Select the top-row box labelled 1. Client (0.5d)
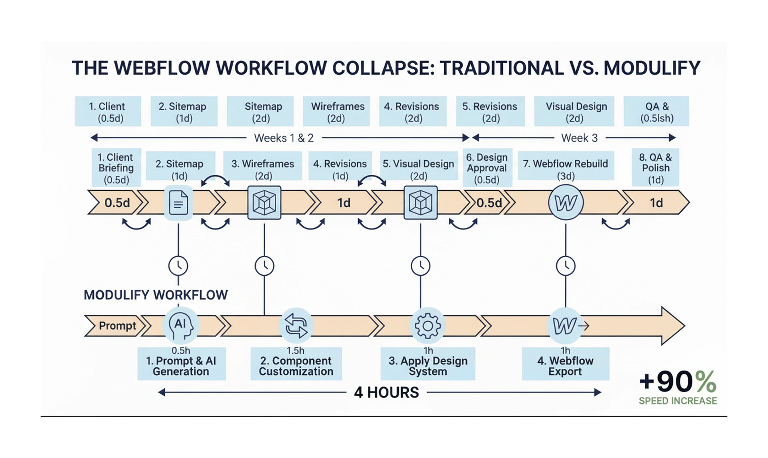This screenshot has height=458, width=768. [x=108, y=112]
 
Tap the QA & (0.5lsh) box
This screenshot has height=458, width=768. [x=656, y=112]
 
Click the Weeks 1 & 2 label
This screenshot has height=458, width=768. [x=284, y=138]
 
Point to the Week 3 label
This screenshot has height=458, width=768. [x=579, y=138]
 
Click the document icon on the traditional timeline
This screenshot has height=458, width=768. [x=179, y=203]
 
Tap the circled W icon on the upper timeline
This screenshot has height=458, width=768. [x=566, y=202]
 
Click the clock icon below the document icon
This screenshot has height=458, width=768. [x=178, y=266]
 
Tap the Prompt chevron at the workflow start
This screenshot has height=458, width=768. [x=116, y=326]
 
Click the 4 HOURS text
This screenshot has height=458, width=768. [x=386, y=392]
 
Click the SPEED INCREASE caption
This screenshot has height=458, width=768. [x=678, y=401]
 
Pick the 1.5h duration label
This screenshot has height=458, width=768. [x=295, y=351]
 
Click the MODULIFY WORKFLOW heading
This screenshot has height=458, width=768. [x=156, y=295]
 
